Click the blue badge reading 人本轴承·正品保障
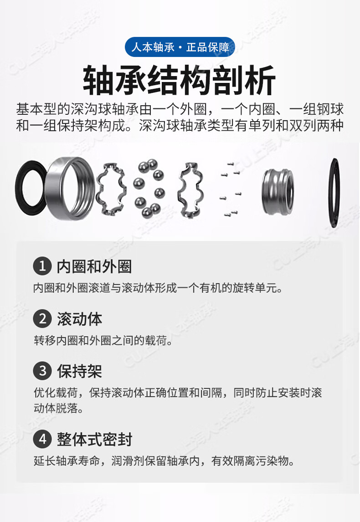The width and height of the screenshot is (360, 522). click(x=180, y=47)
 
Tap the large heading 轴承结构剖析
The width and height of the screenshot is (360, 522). click(x=179, y=80)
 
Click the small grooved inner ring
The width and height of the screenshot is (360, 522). click(x=278, y=192)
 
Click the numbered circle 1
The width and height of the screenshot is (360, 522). click(x=42, y=266)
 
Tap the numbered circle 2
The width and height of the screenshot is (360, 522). click(x=42, y=318)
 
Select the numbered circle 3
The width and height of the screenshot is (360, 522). click(x=42, y=370)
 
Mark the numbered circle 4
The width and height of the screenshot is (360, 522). click(x=42, y=439)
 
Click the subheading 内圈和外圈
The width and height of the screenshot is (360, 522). click(x=94, y=266)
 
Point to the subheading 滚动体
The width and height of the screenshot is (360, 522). click(x=79, y=319)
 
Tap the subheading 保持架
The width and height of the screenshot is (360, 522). click(x=79, y=371)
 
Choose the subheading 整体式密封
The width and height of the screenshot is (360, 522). click(x=94, y=440)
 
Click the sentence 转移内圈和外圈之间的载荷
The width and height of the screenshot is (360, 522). click(x=103, y=341)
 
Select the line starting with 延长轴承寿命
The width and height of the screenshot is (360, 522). click(x=164, y=461)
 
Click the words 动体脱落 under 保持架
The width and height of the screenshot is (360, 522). click(x=58, y=408)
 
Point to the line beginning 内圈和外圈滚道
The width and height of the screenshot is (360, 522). click(x=158, y=288)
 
